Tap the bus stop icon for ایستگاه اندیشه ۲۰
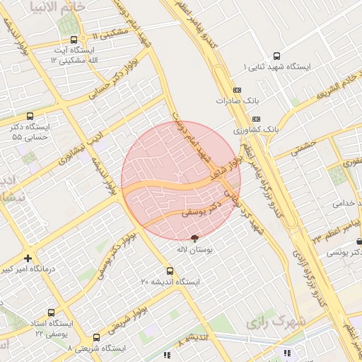(x=170, y=271)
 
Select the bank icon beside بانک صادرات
(x=236, y=90)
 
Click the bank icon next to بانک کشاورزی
(x=256, y=119)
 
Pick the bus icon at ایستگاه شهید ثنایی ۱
(x=276, y=56)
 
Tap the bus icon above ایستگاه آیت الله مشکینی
(x=74, y=40)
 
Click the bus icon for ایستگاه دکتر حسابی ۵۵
(x=30, y=116)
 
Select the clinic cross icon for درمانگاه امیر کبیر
(x=28, y=259)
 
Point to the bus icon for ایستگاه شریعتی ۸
(x=97, y=338)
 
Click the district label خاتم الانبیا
(x=59, y=6)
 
